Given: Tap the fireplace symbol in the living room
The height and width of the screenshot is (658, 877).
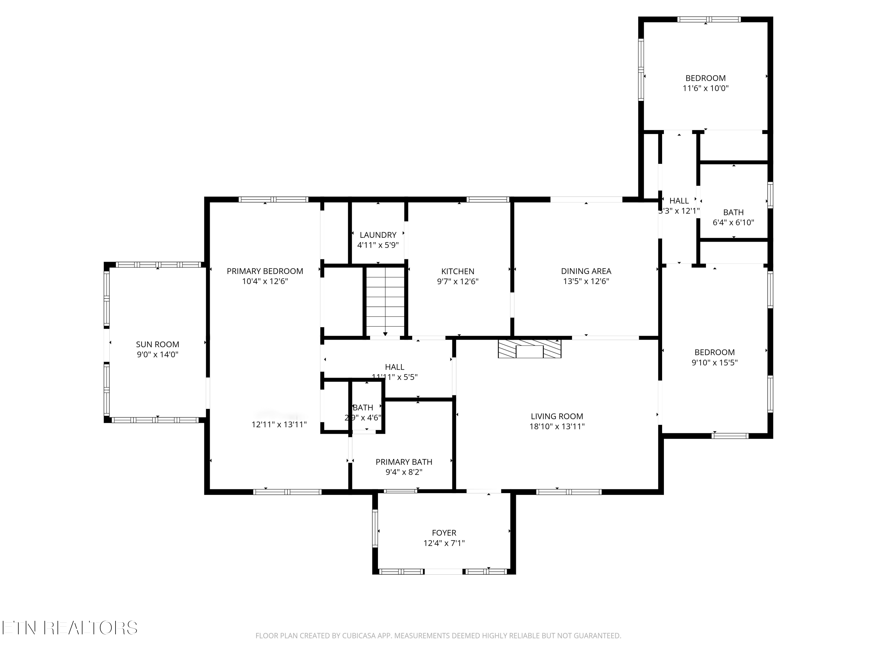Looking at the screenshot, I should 529,349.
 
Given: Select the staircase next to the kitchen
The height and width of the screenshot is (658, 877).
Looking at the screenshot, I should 385,302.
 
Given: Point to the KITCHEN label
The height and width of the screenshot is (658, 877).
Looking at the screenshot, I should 458,272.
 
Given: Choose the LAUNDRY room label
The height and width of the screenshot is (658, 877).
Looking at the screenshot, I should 378,235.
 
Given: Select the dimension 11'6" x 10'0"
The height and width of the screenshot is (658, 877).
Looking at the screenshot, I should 705,88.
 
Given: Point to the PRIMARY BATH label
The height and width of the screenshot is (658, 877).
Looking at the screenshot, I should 404,462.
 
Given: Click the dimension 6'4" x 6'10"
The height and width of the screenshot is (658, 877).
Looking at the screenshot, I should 733,223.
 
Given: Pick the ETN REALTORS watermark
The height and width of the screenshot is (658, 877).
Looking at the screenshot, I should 70,628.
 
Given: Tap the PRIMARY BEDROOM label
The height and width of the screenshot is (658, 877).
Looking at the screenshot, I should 265,271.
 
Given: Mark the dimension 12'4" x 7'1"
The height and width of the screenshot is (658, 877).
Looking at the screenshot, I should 444,543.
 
